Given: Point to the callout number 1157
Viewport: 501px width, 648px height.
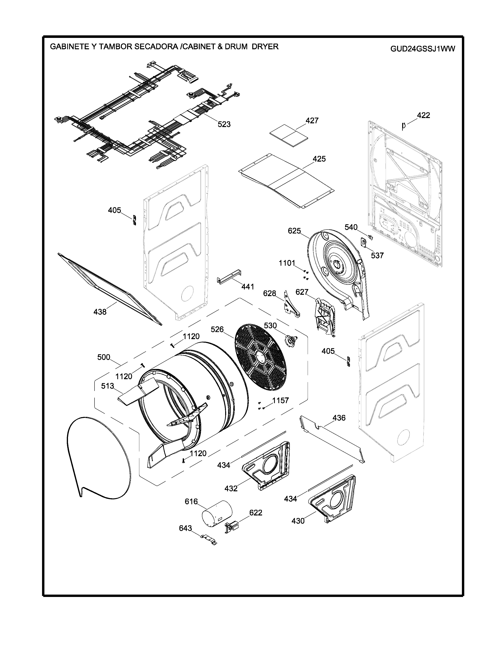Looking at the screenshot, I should pyautogui.click(x=281, y=401).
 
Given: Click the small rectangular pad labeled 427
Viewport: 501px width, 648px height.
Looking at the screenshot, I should pyautogui.click(x=288, y=135).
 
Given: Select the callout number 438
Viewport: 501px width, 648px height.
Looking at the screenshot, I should pyautogui.click(x=100, y=312).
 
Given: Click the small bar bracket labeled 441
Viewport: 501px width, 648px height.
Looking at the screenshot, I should pyautogui.click(x=229, y=276).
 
